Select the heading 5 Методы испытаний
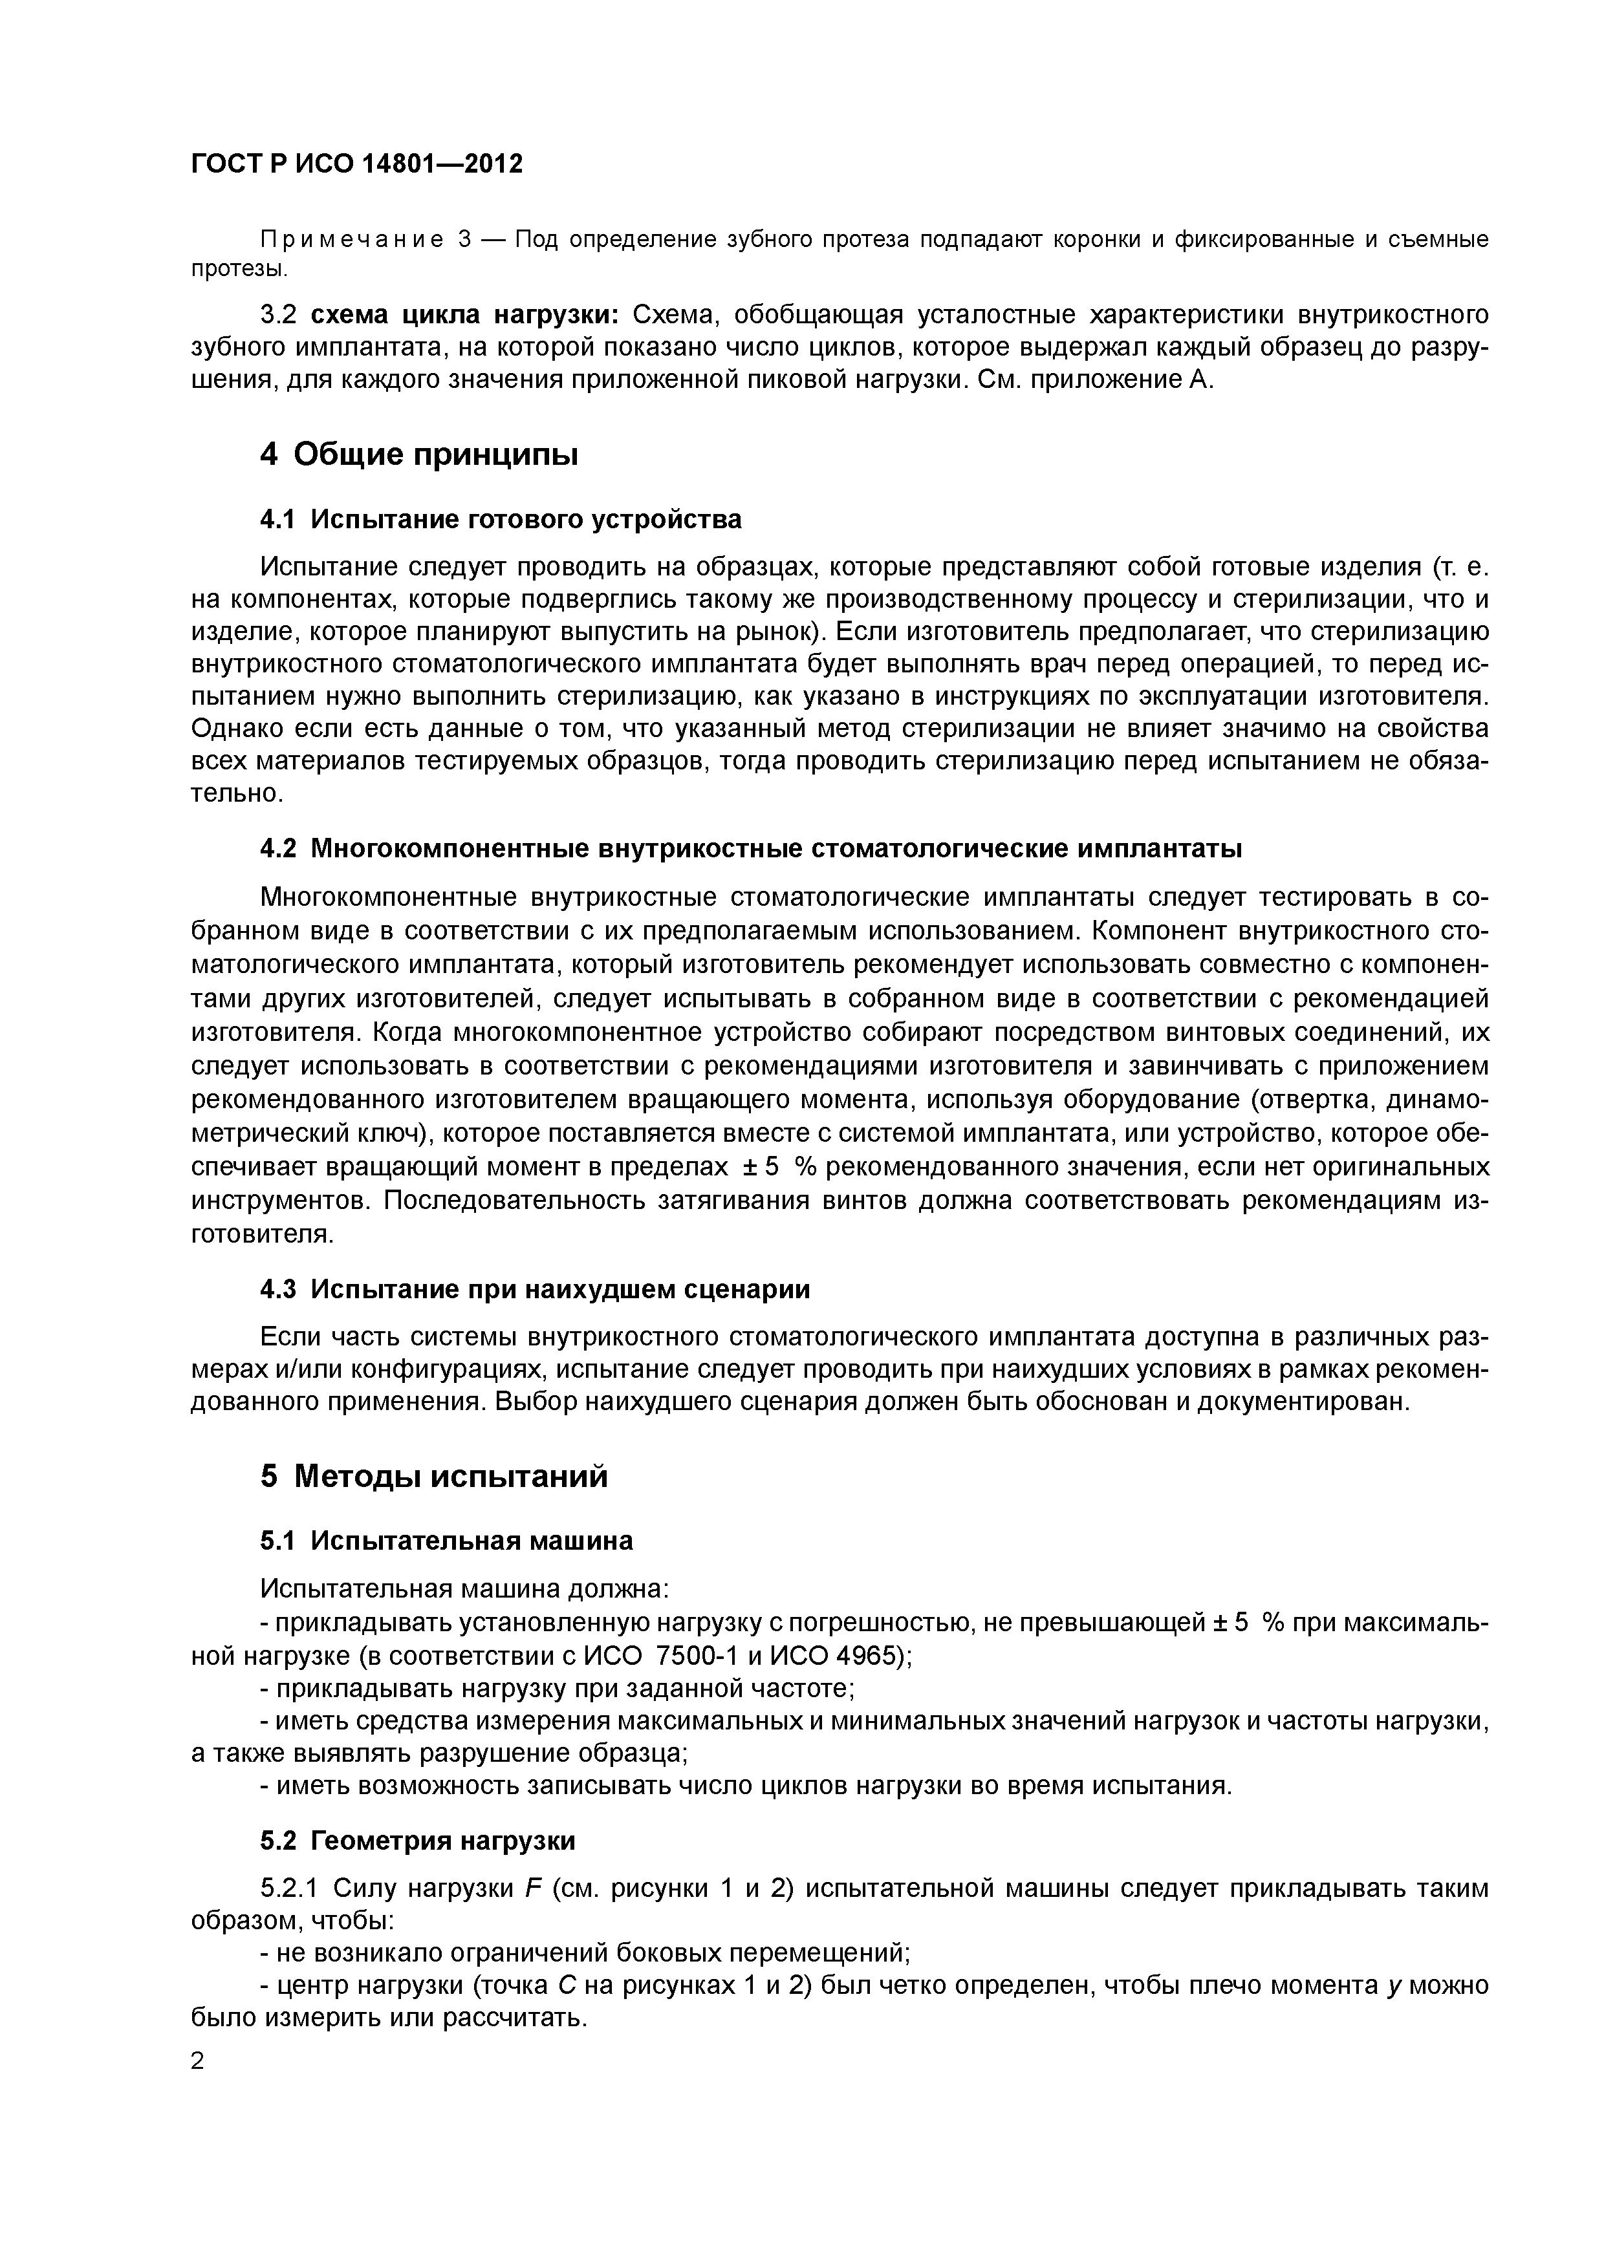[x=434, y=1476]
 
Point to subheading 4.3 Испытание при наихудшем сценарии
[x=535, y=1289]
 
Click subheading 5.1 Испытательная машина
[x=446, y=1540]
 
